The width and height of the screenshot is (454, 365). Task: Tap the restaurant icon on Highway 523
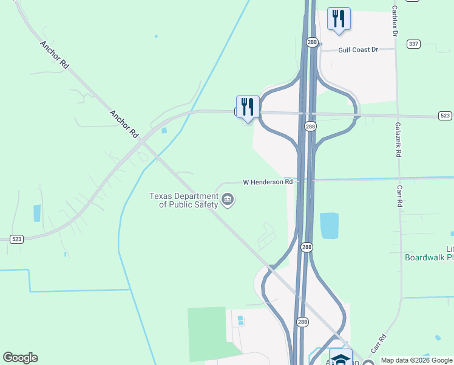[x=248, y=107]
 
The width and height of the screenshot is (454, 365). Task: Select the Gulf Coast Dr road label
[x=357, y=49]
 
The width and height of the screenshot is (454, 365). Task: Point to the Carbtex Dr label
[x=395, y=21]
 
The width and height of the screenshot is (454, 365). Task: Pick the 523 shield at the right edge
[x=445, y=116]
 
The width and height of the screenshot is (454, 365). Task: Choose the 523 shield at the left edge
[x=16, y=240]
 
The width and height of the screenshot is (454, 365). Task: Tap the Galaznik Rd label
[x=399, y=139]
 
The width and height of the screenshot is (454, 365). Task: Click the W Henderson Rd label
[x=268, y=182]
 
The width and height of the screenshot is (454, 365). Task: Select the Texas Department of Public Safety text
[x=185, y=200]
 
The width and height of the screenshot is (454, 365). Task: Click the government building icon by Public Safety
[x=228, y=200]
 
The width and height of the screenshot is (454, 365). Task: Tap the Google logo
[x=20, y=358]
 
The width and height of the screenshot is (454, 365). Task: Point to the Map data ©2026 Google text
[x=416, y=360]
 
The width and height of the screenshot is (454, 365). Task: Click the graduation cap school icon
[x=340, y=358]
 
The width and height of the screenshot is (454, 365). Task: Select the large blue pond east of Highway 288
[x=329, y=226]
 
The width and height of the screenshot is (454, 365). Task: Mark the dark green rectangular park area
[x=209, y=332]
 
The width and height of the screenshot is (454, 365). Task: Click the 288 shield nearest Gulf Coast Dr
[x=311, y=41]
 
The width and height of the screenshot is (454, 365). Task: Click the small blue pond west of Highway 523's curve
[x=37, y=213]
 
